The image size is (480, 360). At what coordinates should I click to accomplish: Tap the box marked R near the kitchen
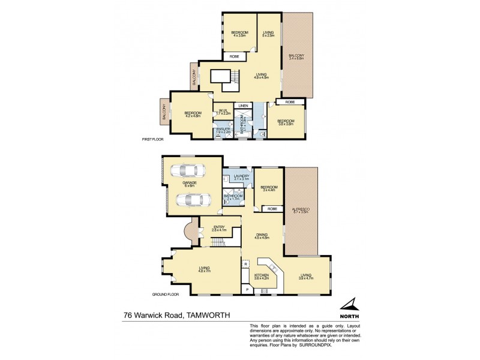(x=246, y=263)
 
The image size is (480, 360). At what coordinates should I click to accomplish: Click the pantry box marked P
(x=247, y=290)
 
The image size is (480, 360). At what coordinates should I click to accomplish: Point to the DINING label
(x=262, y=235)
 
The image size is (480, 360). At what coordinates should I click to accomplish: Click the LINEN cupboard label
(x=243, y=106)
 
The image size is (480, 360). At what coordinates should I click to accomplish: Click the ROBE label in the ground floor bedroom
(x=272, y=209)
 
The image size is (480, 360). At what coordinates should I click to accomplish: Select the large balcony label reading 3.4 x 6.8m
(x=297, y=57)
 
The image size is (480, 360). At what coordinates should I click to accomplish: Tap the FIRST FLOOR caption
(x=152, y=139)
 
